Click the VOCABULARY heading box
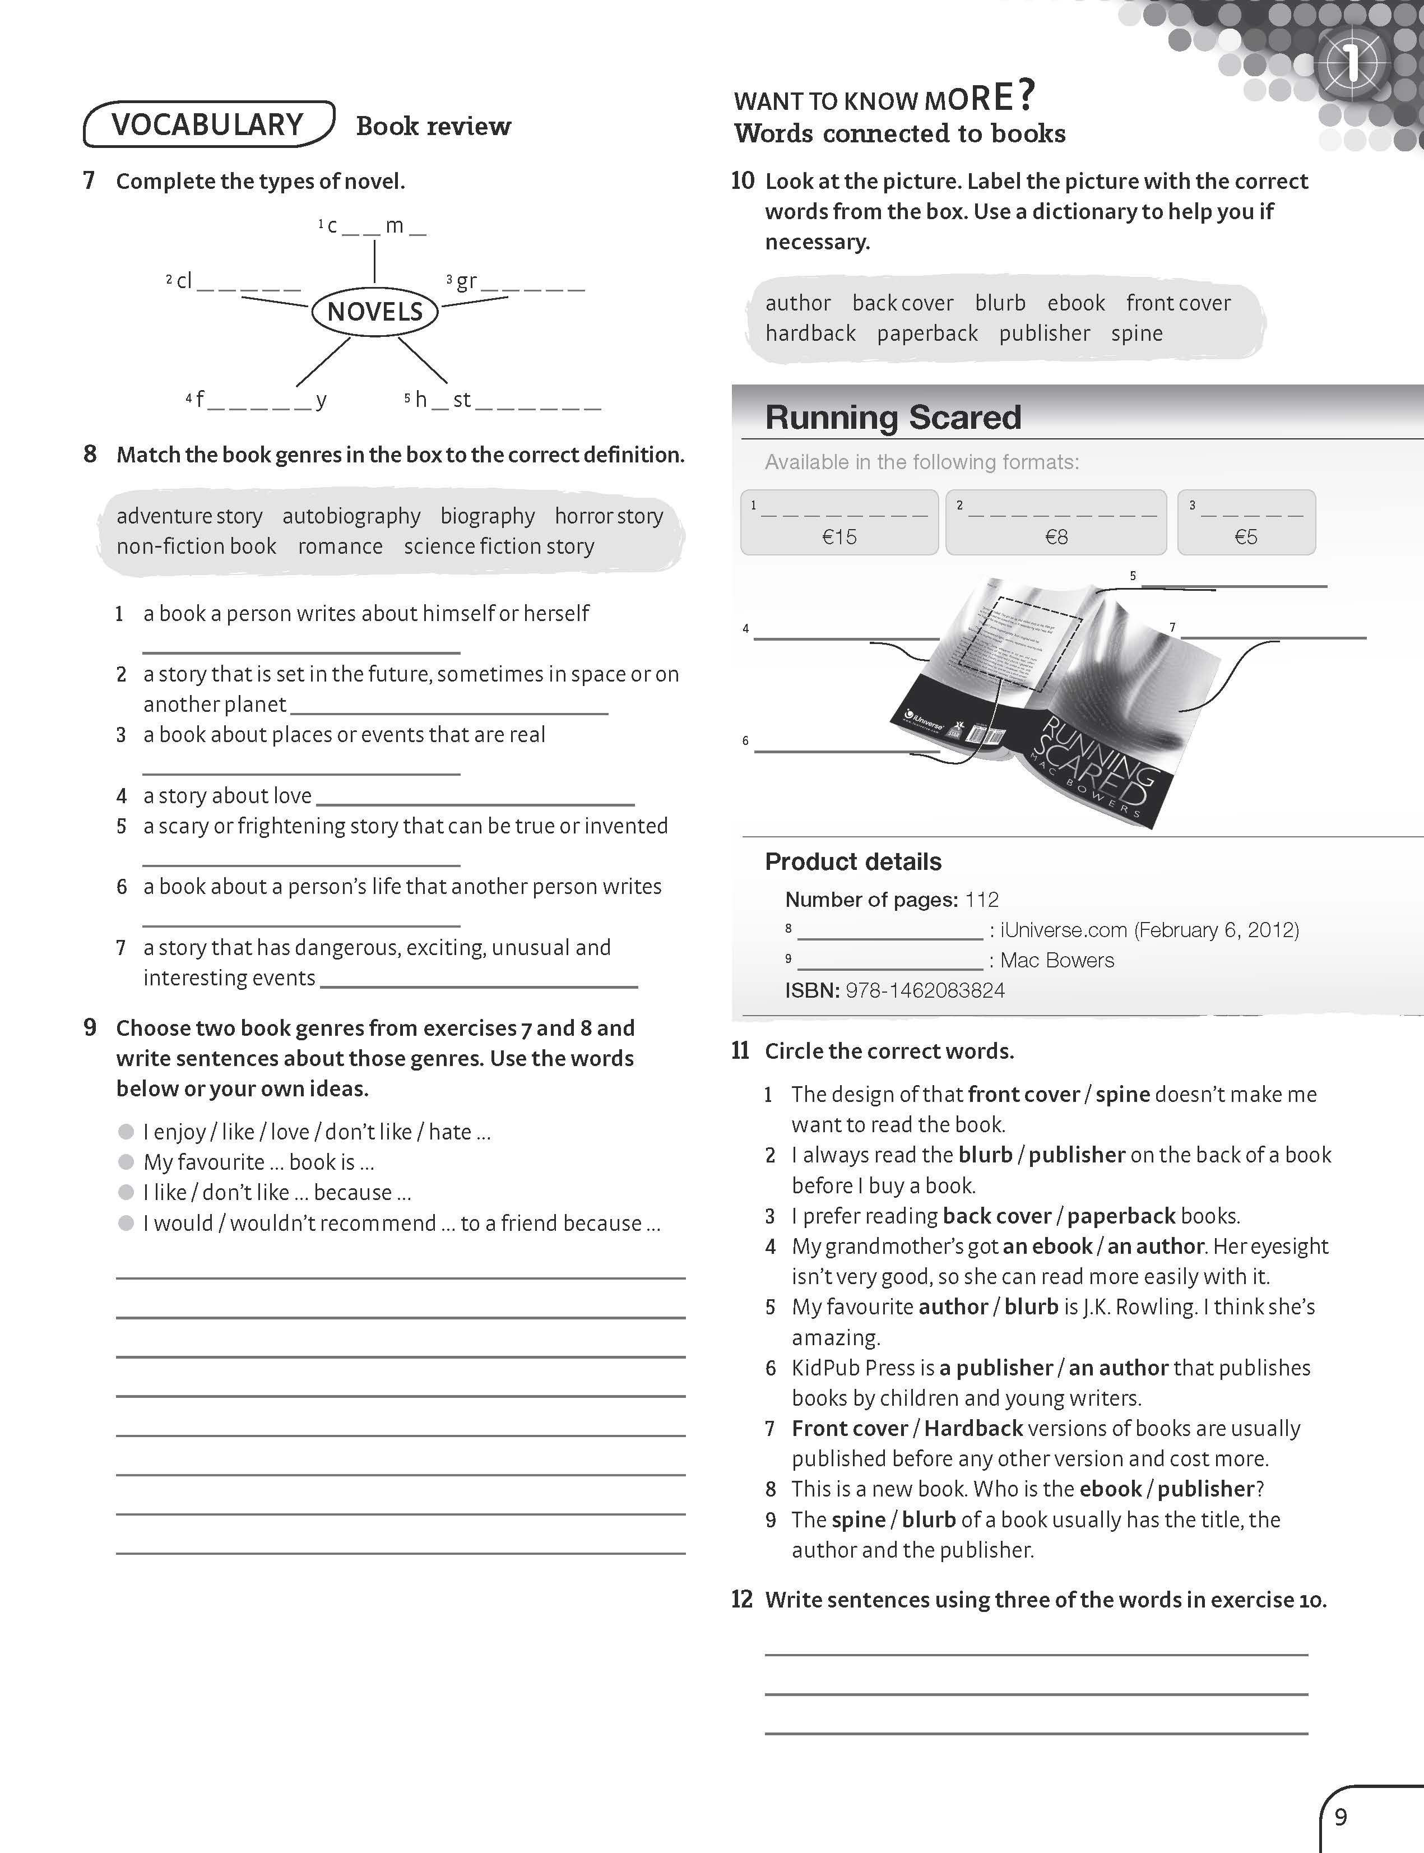(208, 124)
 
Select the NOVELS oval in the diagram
(375, 312)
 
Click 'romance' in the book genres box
(340, 546)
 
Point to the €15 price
(839, 536)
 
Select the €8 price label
(1056, 536)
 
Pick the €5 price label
(1246, 536)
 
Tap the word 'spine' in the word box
(1137, 333)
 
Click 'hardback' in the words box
(810, 333)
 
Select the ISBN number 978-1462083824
(925, 990)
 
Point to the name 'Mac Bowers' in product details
(1057, 960)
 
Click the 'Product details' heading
(853, 861)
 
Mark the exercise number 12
(741, 1600)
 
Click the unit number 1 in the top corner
(1351, 63)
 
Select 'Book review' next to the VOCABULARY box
(433, 126)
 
